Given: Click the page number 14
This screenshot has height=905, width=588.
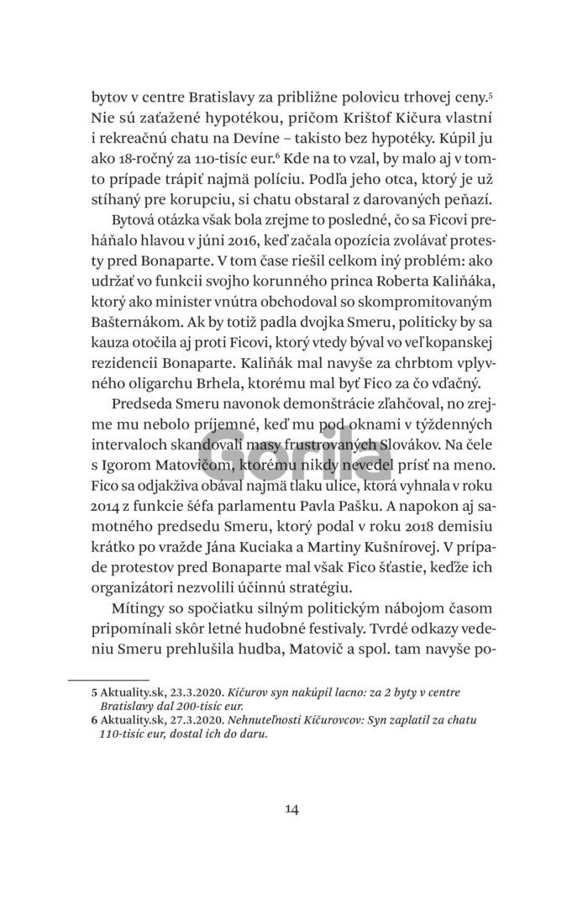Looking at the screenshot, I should (292, 809).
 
